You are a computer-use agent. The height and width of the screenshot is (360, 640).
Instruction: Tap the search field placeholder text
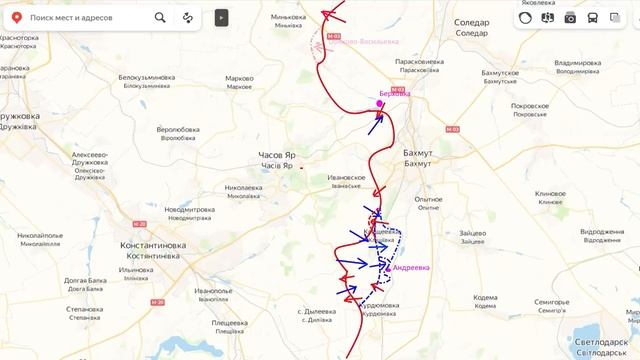(x=71, y=17)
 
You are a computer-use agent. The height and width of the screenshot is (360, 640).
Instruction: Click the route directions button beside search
(x=188, y=17)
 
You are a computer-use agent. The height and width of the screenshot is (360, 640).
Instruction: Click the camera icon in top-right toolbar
(x=570, y=17)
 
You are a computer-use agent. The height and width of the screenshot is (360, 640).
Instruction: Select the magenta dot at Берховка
(x=380, y=104)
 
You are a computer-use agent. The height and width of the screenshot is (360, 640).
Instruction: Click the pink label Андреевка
(x=412, y=268)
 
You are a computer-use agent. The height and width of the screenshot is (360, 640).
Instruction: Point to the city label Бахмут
(x=417, y=152)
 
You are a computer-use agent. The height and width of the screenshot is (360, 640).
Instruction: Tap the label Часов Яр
(x=276, y=156)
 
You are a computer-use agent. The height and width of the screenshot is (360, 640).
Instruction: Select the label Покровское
(x=529, y=105)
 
